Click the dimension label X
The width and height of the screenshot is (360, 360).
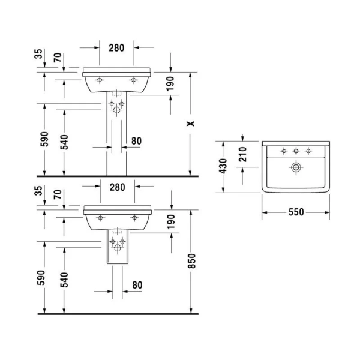tap(191, 124)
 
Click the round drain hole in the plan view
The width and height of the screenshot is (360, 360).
tap(296, 167)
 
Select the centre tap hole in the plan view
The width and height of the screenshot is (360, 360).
tap(295, 151)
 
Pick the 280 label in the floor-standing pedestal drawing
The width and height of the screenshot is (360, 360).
tap(116, 47)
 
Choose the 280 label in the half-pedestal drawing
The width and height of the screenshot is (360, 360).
tap(116, 187)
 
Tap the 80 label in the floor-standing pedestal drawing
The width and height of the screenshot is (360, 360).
tap(136, 142)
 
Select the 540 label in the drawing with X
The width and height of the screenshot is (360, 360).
tap(65, 142)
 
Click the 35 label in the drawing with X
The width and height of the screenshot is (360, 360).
tap(39, 56)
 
